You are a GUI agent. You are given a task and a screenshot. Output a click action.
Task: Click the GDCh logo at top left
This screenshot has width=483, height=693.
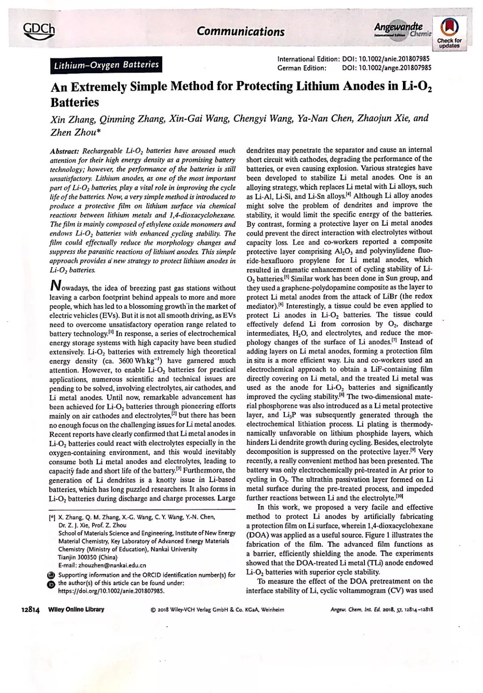point(39,31)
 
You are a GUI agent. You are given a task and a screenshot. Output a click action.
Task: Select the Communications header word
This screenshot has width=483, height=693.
point(241,31)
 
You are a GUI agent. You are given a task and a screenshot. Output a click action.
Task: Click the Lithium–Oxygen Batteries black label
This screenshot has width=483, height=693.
point(106,64)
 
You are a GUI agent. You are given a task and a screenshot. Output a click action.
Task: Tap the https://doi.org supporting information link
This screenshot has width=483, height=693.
point(111,590)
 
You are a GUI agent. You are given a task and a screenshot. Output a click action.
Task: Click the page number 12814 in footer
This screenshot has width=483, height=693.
point(31,609)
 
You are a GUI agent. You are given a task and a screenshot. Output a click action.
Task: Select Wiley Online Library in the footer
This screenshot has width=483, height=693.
point(76,609)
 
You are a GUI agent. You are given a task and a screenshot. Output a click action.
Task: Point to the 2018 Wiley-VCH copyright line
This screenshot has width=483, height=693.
point(217,610)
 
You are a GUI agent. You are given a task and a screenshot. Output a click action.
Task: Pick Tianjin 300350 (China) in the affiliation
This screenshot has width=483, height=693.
point(88,557)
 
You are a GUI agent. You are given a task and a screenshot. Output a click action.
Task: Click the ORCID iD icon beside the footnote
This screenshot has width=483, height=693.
point(51,583)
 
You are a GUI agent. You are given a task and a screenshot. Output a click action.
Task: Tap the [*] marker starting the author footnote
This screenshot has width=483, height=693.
point(52,517)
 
